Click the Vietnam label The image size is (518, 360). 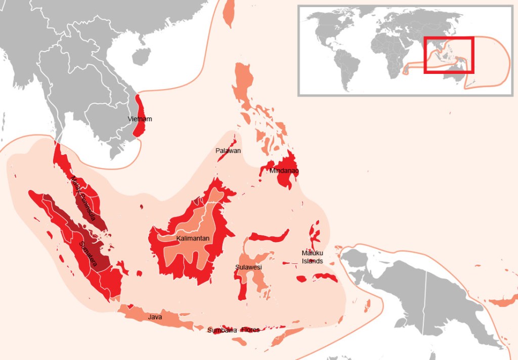[x=140, y=119]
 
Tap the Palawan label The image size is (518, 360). [x=228, y=151]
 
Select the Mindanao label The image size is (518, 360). [x=284, y=171]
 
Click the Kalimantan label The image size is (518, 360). [x=193, y=238]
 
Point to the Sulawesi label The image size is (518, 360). [x=248, y=267]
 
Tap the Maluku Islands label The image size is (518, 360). [x=312, y=257]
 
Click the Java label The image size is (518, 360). [x=155, y=317]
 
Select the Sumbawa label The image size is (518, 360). [x=222, y=330]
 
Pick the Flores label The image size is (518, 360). [x=250, y=330]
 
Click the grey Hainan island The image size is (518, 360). [x=142, y=56]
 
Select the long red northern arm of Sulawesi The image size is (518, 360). [x=268, y=237]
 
